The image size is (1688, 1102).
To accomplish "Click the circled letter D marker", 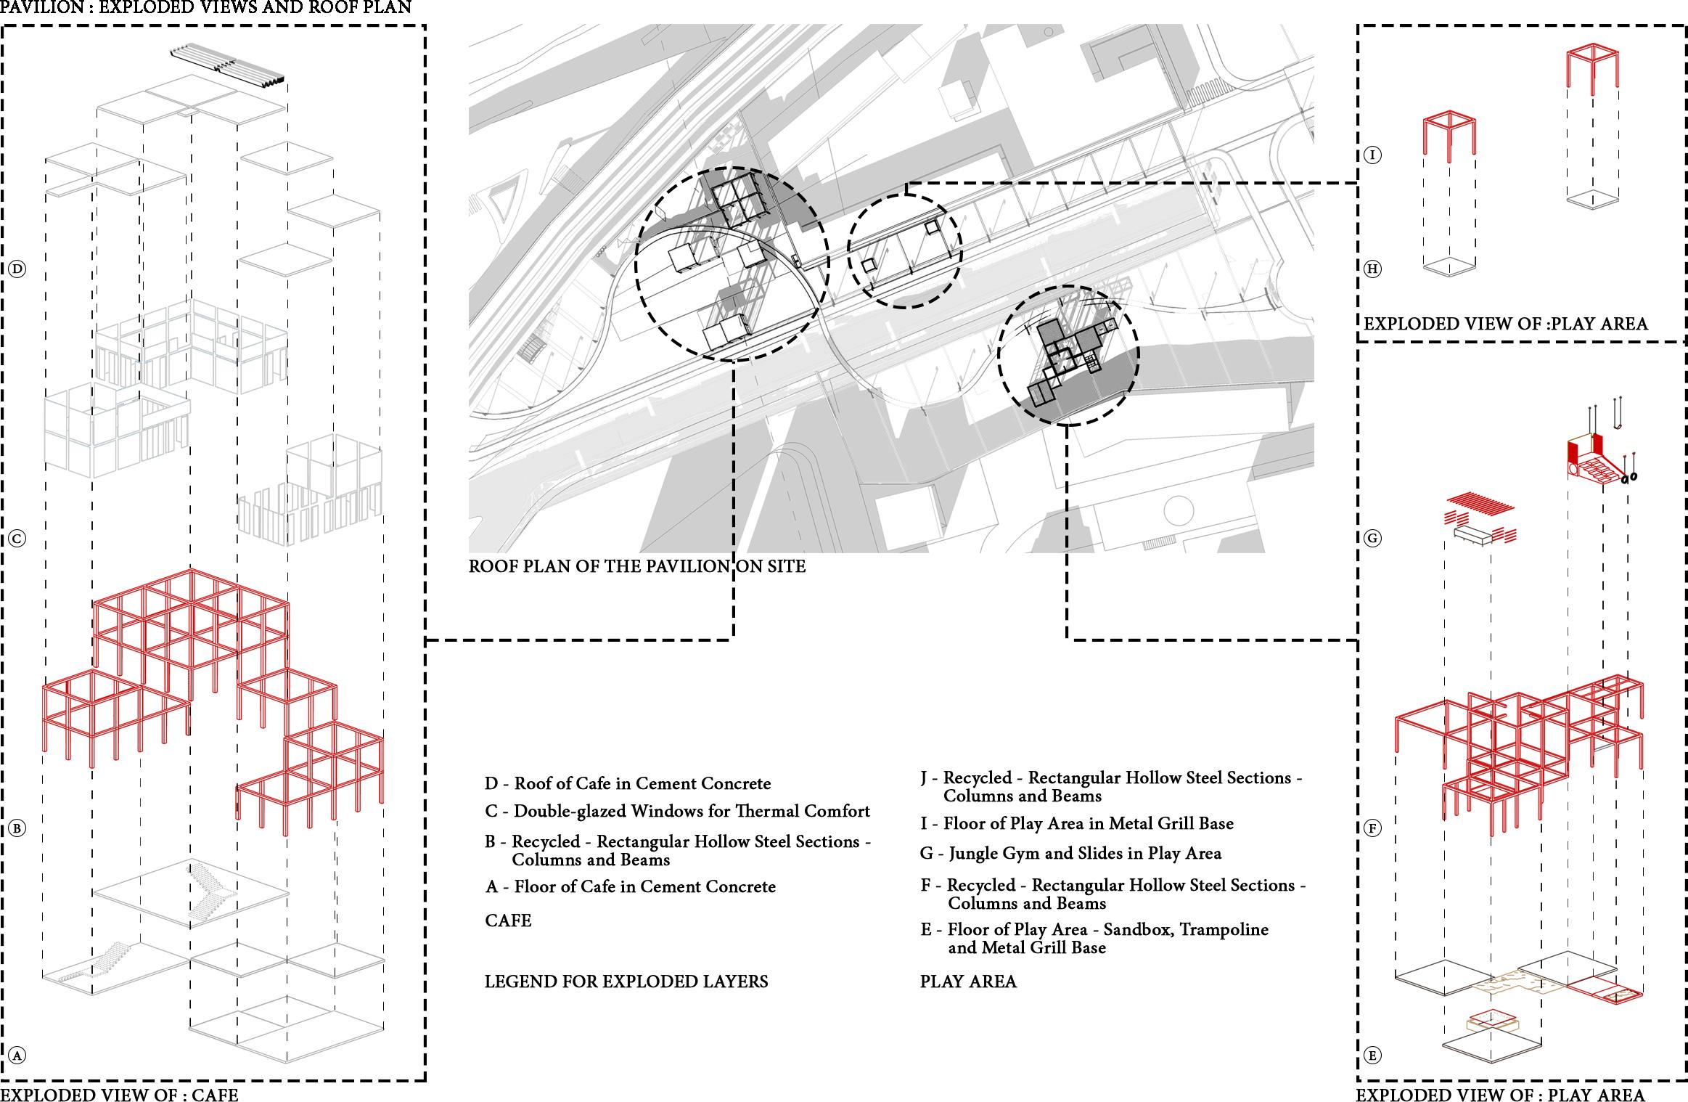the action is click(17, 269).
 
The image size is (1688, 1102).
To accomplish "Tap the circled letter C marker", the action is click(17, 539).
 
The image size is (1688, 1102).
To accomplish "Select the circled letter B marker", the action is click(17, 828).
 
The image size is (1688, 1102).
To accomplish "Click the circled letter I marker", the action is click(1372, 155).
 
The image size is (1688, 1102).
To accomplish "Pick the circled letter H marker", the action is click(1372, 269).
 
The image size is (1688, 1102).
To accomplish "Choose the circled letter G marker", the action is click(1372, 539).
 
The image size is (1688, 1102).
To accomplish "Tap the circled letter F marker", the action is click(1372, 828).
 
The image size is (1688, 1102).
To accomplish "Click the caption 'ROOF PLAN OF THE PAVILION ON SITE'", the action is click(636, 566).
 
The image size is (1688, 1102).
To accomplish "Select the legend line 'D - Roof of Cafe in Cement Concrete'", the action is click(628, 784).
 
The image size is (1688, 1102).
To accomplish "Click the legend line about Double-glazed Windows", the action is click(677, 811).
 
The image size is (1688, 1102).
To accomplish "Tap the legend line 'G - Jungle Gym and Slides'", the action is click(1070, 854).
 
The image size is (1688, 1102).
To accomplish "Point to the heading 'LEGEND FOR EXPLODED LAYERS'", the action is click(626, 982).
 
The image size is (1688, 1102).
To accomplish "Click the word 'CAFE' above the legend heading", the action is click(508, 921).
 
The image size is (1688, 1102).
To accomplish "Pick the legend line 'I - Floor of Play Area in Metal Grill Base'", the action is click(1076, 824).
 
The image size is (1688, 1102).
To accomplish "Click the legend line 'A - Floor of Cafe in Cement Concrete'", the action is click(630, 887).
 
